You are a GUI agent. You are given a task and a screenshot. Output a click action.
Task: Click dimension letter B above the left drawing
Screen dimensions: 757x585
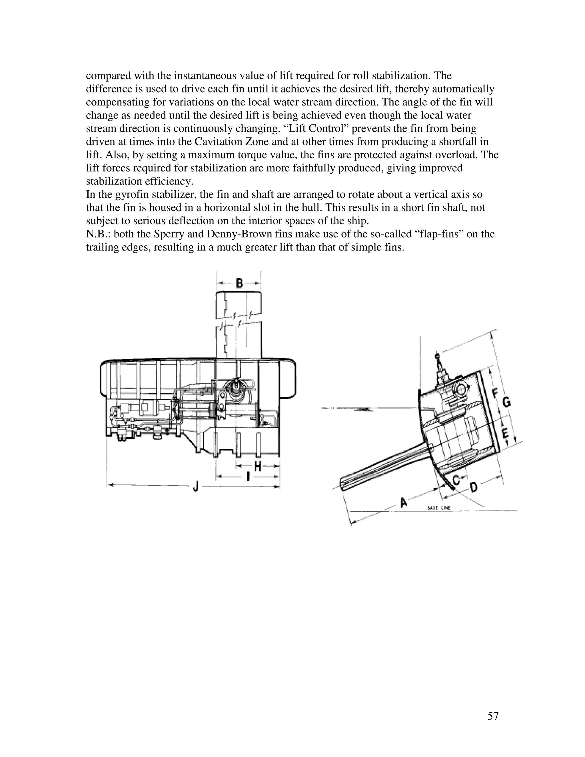(x=239, y=283)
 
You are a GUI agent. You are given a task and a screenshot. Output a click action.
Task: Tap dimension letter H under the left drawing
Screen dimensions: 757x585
(x=257, y=466)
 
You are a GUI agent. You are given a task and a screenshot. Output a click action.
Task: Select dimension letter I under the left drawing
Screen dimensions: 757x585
(x=248, y=478)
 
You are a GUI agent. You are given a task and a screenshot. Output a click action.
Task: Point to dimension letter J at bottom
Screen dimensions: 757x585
(x=195, y=487)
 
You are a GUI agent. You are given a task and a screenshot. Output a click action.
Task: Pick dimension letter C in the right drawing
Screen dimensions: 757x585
(x=456, y=480)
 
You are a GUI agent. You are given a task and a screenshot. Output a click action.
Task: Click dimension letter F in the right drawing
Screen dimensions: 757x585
(x=495, y=394)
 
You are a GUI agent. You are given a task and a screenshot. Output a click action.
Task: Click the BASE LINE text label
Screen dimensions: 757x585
(x=439, y=508)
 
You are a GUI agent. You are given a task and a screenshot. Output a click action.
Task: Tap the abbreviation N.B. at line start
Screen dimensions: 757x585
(x=98, y=234)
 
